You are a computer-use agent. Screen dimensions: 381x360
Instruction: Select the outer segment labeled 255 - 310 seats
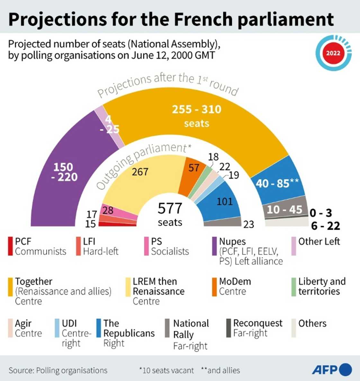196,116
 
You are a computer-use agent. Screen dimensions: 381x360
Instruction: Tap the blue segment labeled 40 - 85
277,183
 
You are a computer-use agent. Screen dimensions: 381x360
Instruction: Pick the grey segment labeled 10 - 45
284,209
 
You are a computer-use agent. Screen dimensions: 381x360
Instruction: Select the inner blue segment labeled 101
224,201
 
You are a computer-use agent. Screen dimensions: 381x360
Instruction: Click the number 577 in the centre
170,208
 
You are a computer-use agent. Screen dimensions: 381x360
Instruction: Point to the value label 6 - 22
325,226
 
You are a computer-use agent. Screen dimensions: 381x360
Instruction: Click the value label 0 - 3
321,213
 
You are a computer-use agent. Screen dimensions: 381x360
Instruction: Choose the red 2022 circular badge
333,53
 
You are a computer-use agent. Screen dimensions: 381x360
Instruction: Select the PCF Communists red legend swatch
10,246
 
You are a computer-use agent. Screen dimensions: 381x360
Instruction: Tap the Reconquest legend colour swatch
229,328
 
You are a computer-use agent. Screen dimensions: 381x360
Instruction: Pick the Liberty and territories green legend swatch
293,287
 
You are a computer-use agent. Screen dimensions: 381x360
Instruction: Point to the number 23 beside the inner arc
248,224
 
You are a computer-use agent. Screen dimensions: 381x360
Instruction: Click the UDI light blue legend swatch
57,328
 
